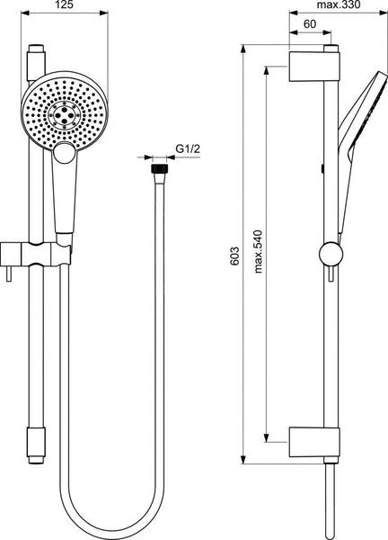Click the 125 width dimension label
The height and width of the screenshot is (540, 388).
pyautogui.click(x=65, y=4)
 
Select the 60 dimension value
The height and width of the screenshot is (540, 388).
pyautogui.click(x=310, y=24)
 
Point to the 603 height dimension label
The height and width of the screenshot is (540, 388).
pyautogui.click(x=234, y=256)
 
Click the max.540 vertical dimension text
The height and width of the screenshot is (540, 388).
pyautogui.click(x=258, y=252)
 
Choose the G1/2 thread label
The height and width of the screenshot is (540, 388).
pyautogui.click(x=188, y=148)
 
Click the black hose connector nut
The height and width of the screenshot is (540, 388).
pyautogui.click(x=159, y=169)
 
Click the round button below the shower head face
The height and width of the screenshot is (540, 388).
pyautogui.click(x=65, y=153)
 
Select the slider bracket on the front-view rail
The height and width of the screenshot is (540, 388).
pyautogui.click(x=36, y=254)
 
